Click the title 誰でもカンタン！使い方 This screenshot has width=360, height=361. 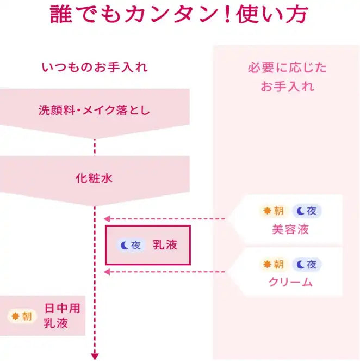click(179, 14)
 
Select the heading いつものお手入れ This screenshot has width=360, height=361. click(95, 68)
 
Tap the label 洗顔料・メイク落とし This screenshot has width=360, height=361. click(94, 110)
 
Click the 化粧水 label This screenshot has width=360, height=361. click(94, 178)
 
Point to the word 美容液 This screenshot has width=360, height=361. click(290, 230)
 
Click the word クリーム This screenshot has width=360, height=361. click(290, 282)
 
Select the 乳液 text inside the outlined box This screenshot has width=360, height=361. click(165, 244)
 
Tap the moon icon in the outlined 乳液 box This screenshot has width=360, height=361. click(125, 246)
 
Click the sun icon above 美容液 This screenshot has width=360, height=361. click(267, 211)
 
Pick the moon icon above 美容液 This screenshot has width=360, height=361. click(300, 211)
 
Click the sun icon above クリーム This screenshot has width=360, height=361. click(267, 264)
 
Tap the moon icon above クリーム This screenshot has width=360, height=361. click(300, 265)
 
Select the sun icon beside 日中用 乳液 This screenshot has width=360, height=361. click(15, 316)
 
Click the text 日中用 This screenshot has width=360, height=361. click(63, 308)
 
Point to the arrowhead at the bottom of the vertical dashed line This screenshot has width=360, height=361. click(95, 357)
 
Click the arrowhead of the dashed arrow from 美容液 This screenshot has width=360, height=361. click(107, 219)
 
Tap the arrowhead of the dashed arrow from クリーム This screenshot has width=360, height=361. click(107, 272)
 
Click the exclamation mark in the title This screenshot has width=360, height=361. click(227, 14)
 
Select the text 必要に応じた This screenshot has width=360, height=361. click(287, 68)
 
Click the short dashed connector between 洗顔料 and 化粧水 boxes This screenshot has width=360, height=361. click(95, 148)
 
